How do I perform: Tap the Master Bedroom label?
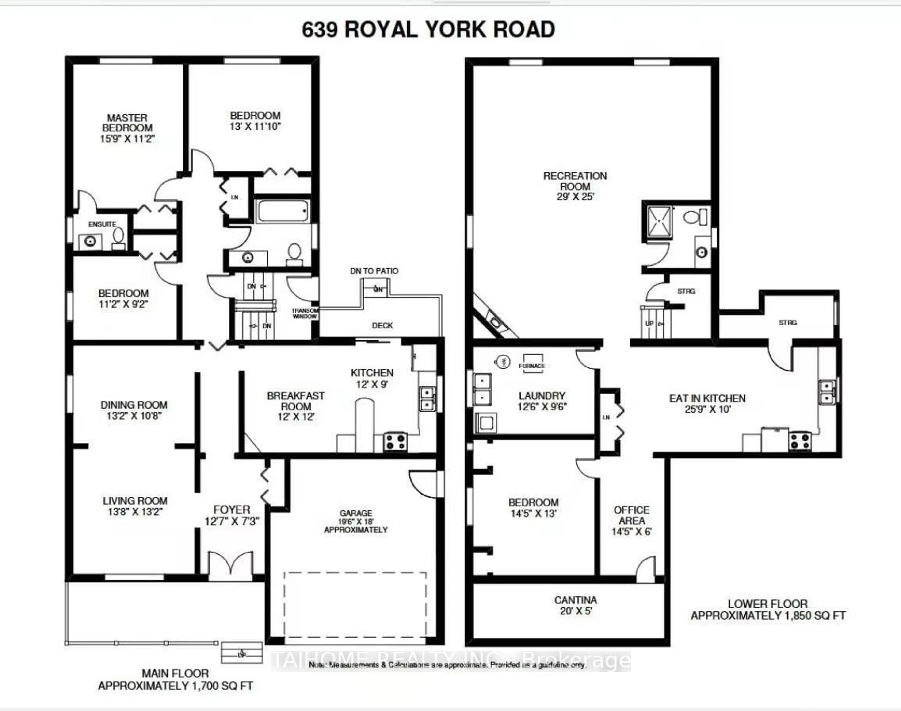click(x=127, y=123)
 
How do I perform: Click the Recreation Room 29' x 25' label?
click(x=575, y=186)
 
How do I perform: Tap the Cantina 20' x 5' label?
click(x=575, y=605)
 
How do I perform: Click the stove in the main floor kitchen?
click(x=395, y=442)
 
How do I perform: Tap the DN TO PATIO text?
click(x=374, y=271)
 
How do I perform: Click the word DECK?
click(x=382, y=325)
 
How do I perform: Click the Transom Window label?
click(x=305, y=313)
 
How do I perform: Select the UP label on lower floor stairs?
click(x=649, y=323)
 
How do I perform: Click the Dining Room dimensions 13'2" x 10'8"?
click(x=134, y=415)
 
